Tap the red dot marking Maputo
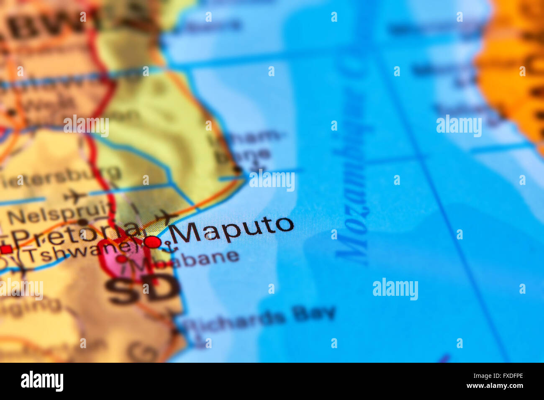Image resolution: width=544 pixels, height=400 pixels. point(153,242)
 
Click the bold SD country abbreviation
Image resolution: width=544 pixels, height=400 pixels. point(142,289)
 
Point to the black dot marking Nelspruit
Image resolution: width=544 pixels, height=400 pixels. point(82,222)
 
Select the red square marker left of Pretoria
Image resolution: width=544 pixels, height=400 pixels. point(6,249)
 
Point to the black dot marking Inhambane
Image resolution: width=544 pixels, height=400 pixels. point(238,169)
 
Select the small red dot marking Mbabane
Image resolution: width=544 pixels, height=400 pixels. point(122,259)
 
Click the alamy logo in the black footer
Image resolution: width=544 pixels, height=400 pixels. point(42,381)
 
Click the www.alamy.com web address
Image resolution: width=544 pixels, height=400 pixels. point(495,386)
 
